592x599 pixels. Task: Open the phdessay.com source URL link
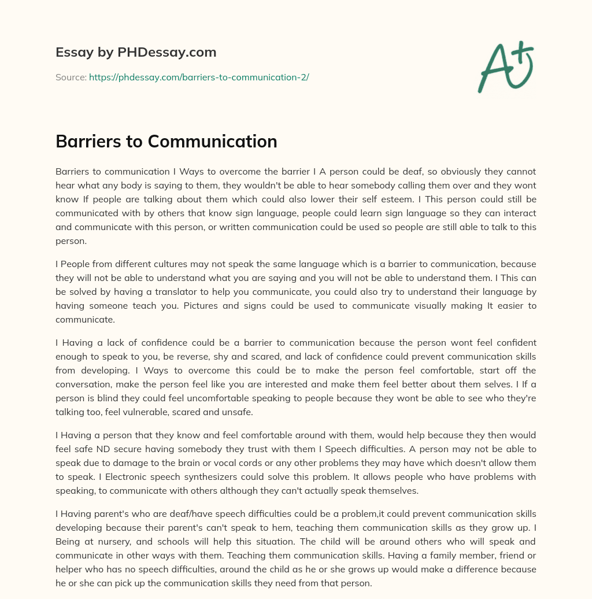pyautogui.click(x=199, y=77)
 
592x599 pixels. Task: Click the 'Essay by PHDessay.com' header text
pyautogui.click(x=136, y=53)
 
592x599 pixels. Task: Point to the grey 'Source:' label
pyautogui.click(x=71, y=77)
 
